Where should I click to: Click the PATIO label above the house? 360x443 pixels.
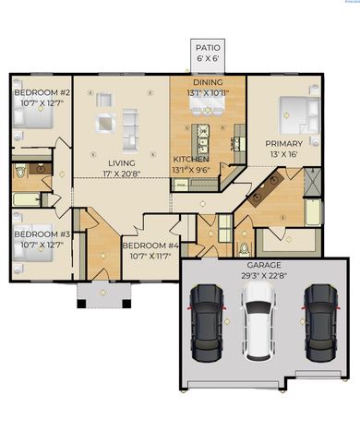pyautogui.click(x=206, y=47)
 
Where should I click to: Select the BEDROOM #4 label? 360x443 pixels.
pyautogui.click(x=150, y=245)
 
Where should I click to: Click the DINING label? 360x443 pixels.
pyautogui.click(x=207, y=82)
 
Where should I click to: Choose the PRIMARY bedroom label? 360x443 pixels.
pyautogui.click(x=283, y=144)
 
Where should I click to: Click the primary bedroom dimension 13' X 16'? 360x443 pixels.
pyautogui.click(x=283, y=154)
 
